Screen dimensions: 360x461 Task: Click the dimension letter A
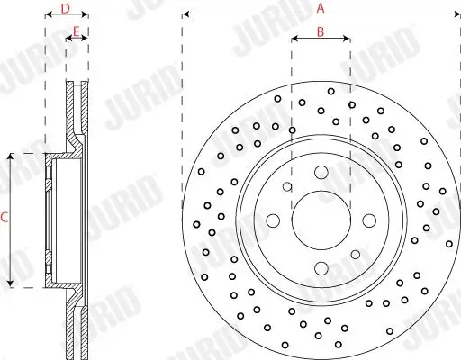coord(321,7)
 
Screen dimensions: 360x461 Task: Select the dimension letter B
coord(321,32)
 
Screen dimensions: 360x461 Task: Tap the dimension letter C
coord(5,218)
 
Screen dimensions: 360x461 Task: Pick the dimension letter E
coord(77,32)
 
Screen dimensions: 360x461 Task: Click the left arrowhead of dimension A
coord(185,15)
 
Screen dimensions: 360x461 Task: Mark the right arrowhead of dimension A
coord(456,15)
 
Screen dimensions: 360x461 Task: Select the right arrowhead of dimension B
coord(348,40)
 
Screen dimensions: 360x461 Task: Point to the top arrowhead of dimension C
coord(12,157)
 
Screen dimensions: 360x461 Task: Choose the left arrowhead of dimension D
coord(47,15)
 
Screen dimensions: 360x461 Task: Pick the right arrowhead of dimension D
coord(86,15)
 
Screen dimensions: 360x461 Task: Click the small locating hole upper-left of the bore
coord(287,187)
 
